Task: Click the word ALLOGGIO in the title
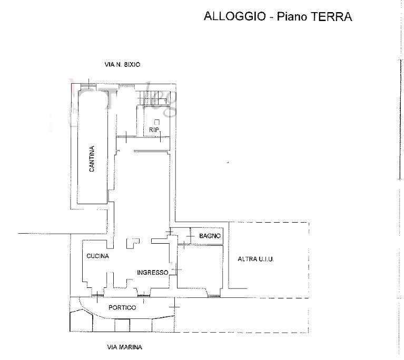[235, 16]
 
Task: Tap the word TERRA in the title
[332, 16]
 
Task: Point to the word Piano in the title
[292, 16]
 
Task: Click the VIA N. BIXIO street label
[122, 64]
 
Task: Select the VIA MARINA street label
[124, 347]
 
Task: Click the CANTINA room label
[92, 158]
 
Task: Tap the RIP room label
[154, 130]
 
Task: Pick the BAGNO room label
[210, 236]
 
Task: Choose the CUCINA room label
[97, 256]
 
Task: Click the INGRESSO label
[153, 273]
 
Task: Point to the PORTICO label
[122, 307]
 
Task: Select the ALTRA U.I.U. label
[255, 259]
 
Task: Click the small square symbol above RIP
[157, 122]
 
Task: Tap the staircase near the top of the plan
[153, 98]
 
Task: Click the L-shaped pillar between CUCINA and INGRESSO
[132, 243]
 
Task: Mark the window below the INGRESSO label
[143, 295]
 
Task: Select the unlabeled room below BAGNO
[200, 266]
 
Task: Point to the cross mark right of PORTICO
[174, 306]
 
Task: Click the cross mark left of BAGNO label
[190, 236]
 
